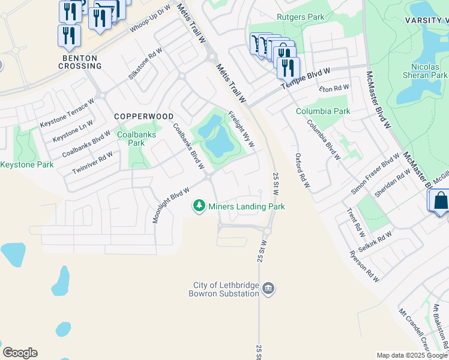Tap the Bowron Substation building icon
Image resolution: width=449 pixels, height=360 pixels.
(269, 290)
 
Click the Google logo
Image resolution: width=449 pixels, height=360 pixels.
(20, 353)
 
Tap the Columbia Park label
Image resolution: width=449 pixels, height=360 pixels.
(323, 111)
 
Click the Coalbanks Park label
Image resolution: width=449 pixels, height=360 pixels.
(136, 139)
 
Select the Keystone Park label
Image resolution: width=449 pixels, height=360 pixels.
(27, 164)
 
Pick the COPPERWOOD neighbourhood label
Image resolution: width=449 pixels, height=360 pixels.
(144, 116)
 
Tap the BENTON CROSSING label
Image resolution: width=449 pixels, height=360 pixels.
(80, 62)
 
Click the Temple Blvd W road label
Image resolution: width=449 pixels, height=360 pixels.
(306, 79)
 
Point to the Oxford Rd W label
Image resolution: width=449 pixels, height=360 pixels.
(302, 170)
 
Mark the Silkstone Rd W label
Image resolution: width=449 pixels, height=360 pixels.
(145, 64)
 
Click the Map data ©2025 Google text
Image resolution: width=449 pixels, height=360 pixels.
(412, 355)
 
